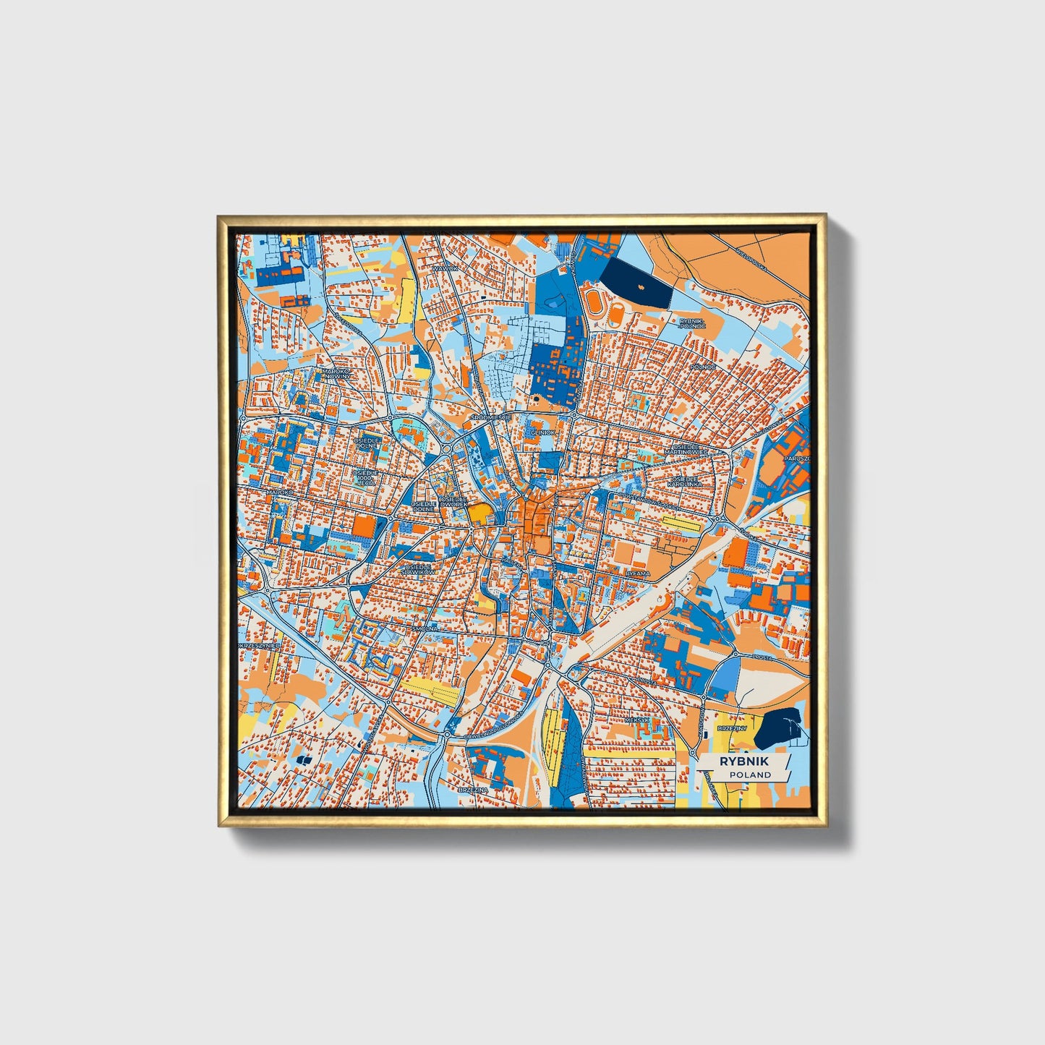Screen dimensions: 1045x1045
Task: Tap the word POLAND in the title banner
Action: click(x=750, y=775)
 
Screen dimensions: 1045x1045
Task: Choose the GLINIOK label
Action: click(x=543, y=432)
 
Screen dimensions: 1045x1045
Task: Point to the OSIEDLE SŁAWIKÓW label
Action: click(x=420, y=569)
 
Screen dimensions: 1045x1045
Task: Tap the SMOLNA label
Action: click(x=425, y=629)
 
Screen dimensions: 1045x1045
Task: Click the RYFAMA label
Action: click(x=638, y=573)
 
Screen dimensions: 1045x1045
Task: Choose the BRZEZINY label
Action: click(x=731, y=728)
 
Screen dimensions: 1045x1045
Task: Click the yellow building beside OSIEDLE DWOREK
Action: click(x=479, y=513)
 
